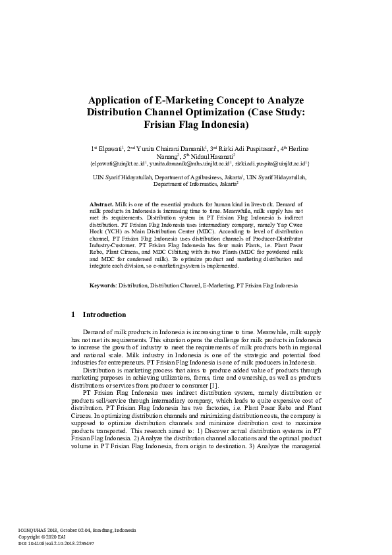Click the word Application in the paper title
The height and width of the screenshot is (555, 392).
tap(117, 100)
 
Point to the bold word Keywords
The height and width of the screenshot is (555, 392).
tap(103, 285)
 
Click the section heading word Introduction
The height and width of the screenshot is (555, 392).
tap(104, 314)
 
